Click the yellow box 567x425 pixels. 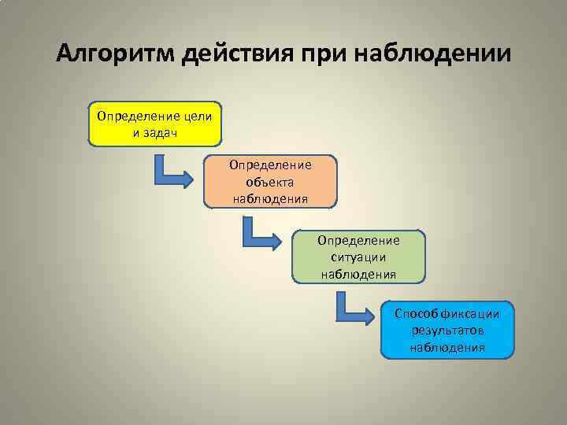155,124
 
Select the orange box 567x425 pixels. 270,181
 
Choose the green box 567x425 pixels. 358,257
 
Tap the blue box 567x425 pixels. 447,330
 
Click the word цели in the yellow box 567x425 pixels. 197,116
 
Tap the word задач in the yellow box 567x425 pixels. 160,131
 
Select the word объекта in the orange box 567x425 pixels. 270,181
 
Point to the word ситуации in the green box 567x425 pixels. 358,257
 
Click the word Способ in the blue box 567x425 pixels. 413,315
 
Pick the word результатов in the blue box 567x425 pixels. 447,331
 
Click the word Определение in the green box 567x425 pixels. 358,241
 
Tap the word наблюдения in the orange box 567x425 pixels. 270,197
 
